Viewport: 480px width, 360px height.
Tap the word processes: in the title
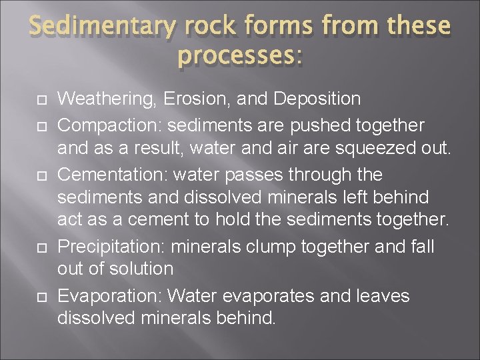pos(240,57)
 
